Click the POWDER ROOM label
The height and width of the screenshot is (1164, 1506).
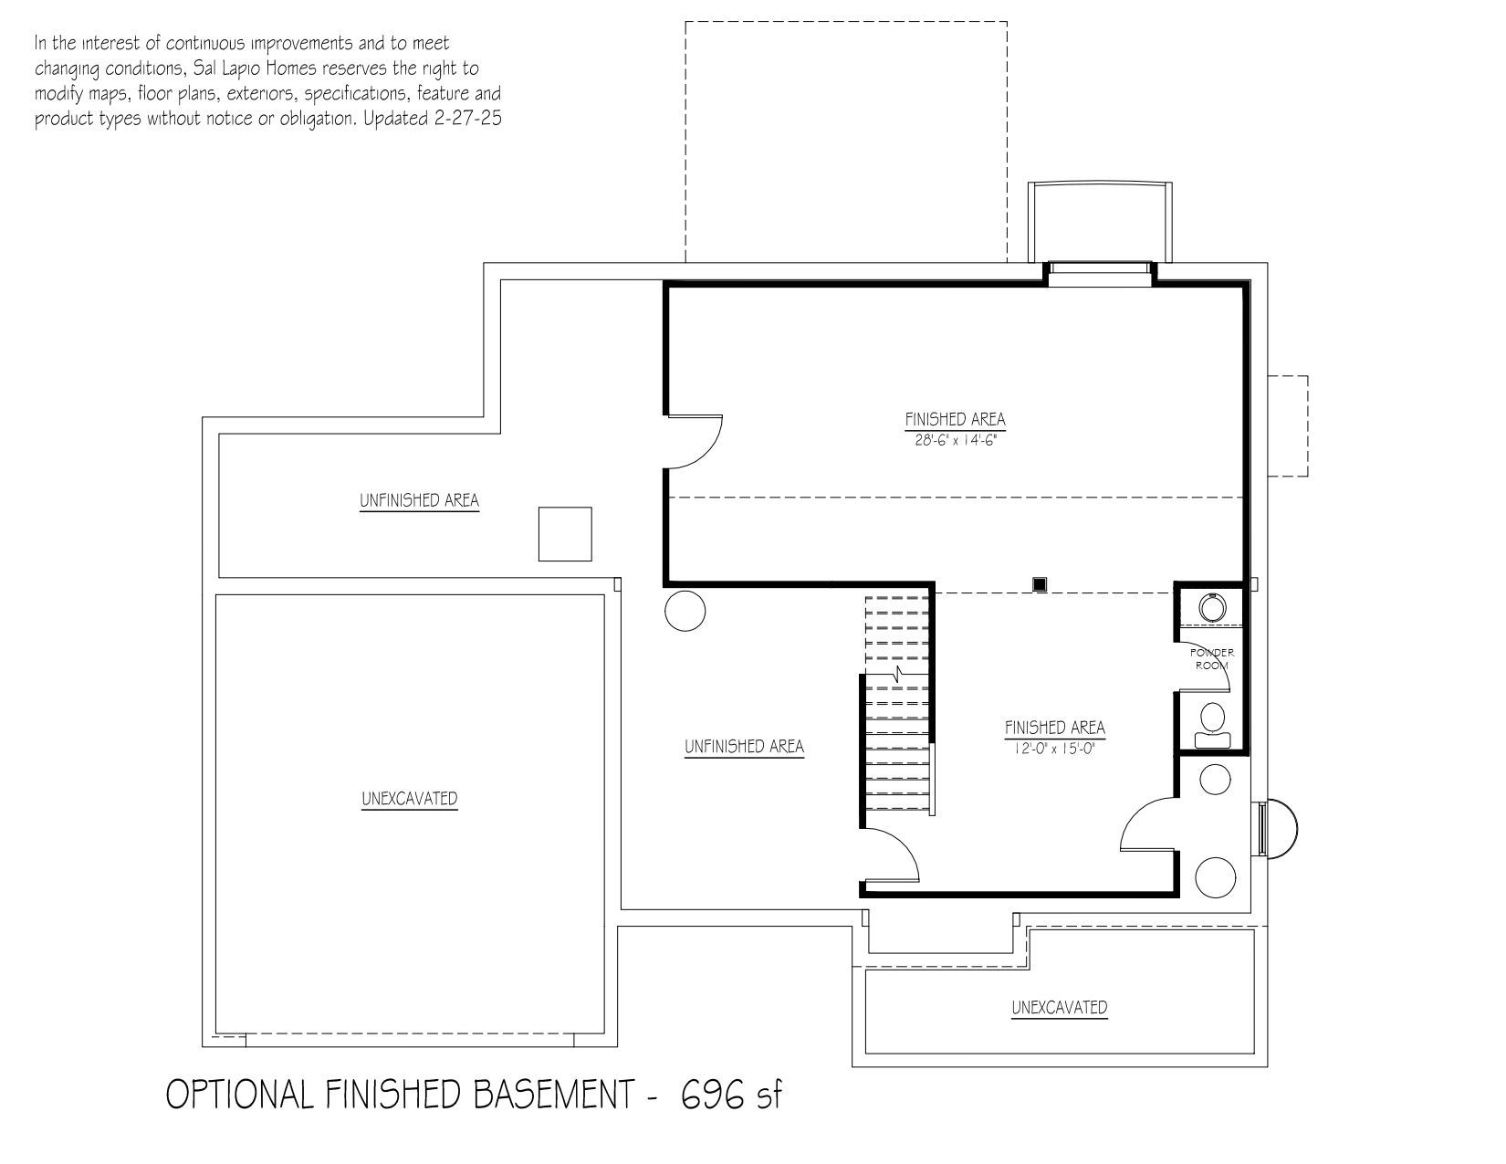[1211, 658]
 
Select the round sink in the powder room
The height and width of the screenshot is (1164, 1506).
[1211, 608]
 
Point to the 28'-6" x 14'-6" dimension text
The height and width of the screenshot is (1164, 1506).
[955, 439]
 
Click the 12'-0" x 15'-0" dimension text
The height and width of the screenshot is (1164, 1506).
[1054, 748]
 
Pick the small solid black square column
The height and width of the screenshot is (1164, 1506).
[1039, 584]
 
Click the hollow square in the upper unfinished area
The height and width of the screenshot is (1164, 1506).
[565, 534]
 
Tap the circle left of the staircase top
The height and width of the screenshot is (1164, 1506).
[685, 611]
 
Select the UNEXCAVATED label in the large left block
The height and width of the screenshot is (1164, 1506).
[409, 799]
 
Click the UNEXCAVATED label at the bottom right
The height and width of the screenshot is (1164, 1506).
[1059, 1007]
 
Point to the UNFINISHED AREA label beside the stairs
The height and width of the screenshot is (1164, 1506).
[744, 747]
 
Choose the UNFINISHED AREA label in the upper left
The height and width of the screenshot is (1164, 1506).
[419, 500]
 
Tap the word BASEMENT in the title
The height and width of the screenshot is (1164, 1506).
[554, 1095]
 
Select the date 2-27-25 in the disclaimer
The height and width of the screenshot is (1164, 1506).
[467, 119]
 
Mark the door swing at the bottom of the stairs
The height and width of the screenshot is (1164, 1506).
[891, 855]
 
